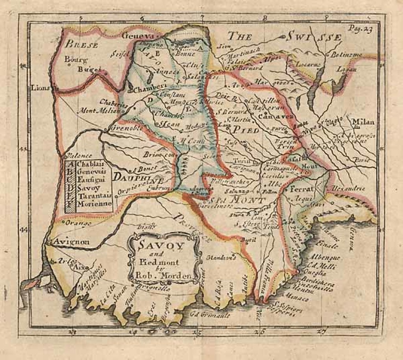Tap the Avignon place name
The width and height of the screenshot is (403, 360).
[72, 242]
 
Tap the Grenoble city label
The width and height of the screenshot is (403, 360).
[122, 128]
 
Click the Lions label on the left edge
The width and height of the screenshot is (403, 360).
[42, 88]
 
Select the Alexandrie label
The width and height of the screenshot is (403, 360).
[348, 188]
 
